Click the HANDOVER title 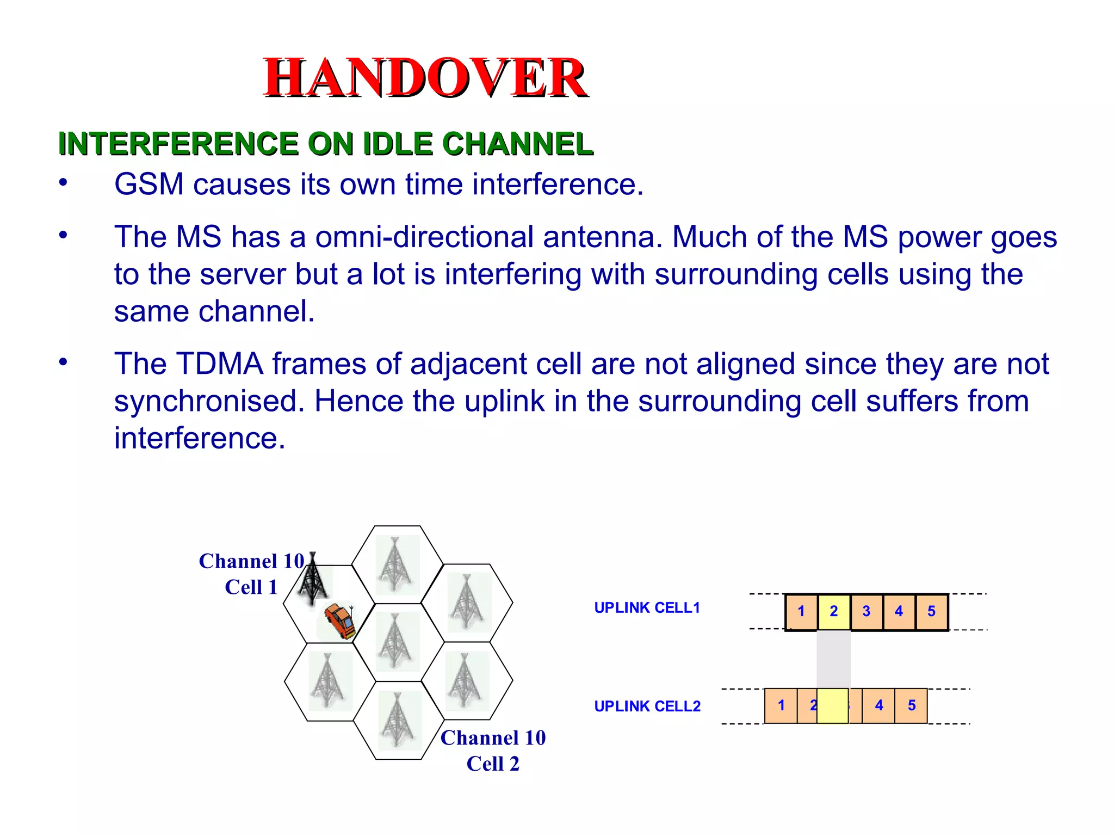pos(425,78)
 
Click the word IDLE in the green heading pos(398,144)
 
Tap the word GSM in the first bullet pos(148,184)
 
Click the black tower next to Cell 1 pos(312,580)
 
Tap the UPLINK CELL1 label pos(647,608)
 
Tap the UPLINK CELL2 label pos(647,706)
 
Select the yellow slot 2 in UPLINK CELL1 pos(834,612)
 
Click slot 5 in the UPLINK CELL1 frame pos(932,612)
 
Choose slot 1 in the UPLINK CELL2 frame pos(781,706)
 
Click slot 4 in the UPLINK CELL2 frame pos(879,706)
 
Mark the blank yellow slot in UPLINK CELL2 pos(833,706)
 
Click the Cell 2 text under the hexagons pos(493,764)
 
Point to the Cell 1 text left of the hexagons pos(251,587)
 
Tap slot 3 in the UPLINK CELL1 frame pos(867,612)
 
